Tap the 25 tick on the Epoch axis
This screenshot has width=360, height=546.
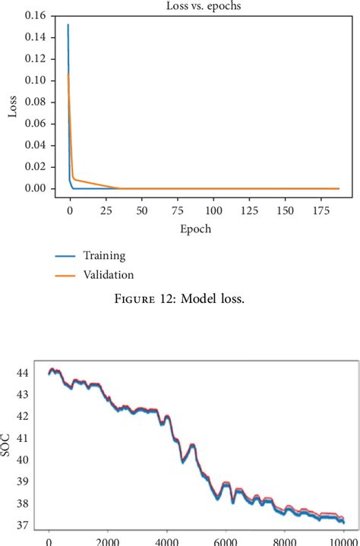pyautogui.click(x=106, y=208)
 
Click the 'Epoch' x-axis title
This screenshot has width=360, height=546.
pyautogui.click(x=196, y=229)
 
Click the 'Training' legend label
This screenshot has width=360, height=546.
pyautogui.click(x=104, y=256)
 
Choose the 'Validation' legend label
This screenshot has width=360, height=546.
pyautogui.click(x=108, y=274)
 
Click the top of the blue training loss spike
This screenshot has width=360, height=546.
pyautogui.click(x=68, y=24)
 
